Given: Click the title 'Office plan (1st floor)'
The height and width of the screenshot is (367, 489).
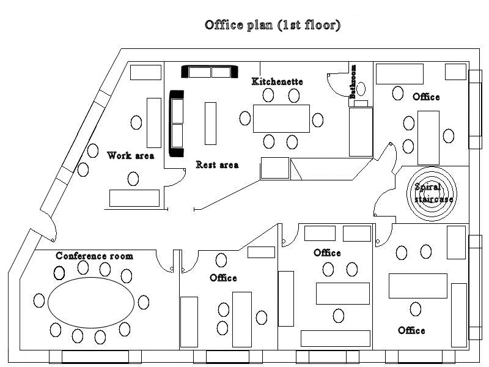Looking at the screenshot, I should point(273,25).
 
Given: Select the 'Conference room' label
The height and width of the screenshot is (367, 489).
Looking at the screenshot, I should point(94,256).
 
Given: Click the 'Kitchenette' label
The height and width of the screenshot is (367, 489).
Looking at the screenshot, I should point(277,81).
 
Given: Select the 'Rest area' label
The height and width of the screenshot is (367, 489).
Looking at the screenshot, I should point(217,165).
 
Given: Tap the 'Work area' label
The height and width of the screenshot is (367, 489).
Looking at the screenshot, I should point(130,155).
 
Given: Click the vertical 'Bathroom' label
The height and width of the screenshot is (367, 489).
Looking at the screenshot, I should point(353,81).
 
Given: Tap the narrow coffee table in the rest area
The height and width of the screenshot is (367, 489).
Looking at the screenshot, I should point(210,123).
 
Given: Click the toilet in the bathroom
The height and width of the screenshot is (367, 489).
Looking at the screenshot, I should point(361,89).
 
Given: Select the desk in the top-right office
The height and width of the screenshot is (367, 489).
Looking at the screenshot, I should point(428,138).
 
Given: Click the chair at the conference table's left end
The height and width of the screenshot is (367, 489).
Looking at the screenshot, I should point(40,300).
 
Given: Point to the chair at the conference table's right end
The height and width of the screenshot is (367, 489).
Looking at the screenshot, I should point(143,302).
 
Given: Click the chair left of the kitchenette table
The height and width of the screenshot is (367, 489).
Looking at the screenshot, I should point(245,119).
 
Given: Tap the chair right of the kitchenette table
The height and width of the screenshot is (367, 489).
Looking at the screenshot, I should point(317,119).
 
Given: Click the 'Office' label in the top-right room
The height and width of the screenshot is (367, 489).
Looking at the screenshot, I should point(426,97).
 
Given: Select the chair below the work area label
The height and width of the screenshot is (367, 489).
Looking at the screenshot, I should point(133,179).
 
